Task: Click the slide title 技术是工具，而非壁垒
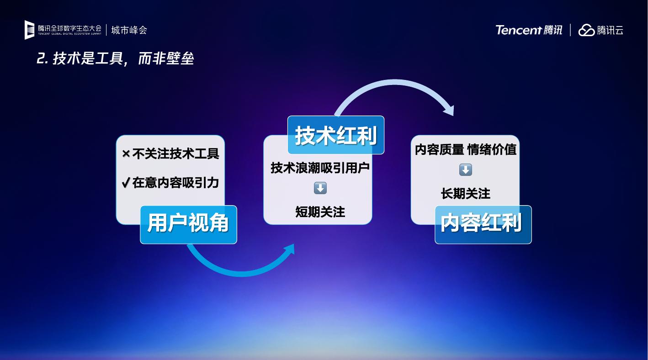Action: point(115,58)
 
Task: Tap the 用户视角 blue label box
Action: point(188,225)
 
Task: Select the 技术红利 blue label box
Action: point(336,135)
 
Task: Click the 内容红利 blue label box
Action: point(483,225)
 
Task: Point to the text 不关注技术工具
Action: point(175,154)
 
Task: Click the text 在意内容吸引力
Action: point(175,183)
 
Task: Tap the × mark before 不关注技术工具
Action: point(126,154)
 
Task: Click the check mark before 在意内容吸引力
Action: point(126,182)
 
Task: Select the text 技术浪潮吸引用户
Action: point(320,168)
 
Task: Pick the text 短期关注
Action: point(320,212)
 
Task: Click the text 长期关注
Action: point(466,193)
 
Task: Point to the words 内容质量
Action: point(440,150)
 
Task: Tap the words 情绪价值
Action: point(492,150)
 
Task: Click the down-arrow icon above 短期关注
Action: point(320,188)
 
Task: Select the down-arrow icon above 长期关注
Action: point(466,170)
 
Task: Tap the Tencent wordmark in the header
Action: point(518,30)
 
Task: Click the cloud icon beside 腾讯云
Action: point(586,30)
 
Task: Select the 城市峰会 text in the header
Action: point(129,30)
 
